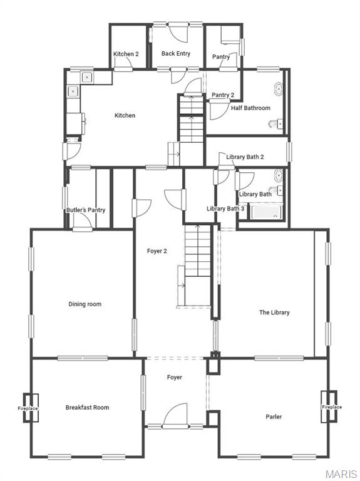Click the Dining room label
(x=85, y=304)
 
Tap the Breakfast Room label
(x=87, y=408)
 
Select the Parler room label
(x=274, y=416)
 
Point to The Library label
(x=274, y=313)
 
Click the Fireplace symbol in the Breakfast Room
(x=28, y=408)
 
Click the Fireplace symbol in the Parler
(x=331, y=407)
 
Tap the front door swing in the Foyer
(x=175, y=415)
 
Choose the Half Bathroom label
(x=250, y=108)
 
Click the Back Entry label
(x=176, y=54)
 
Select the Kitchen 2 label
(x=126, y=54)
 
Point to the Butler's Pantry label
(x=86, y=210)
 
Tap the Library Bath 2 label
(x=245, y=157)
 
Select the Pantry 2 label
(x=223, y=95)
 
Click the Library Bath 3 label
(x=225, y=209)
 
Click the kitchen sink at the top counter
(x=86, y=78)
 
